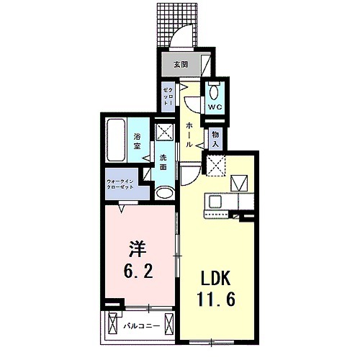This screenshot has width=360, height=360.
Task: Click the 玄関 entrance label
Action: coord(181,64)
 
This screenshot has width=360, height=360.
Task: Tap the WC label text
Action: coord(214,107)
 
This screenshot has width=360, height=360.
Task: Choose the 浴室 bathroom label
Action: coord(137,140)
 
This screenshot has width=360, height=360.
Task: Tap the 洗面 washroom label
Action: coord(163,162)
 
